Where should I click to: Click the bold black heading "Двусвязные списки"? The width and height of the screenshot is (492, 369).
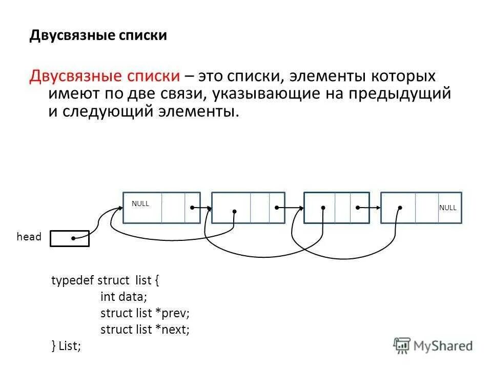98,35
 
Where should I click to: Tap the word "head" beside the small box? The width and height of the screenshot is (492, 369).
29,237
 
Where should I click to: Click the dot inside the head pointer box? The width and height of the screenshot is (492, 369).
74,238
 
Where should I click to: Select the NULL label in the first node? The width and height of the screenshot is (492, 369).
140,203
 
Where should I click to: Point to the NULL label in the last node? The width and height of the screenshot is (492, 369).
447,208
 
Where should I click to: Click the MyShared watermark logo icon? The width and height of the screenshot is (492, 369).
401,345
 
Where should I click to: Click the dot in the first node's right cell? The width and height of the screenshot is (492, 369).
191,208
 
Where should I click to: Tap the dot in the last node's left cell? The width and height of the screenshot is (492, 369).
400,208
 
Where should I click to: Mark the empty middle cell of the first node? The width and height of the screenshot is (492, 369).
173,208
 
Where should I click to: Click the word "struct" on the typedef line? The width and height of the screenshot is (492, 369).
116,281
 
